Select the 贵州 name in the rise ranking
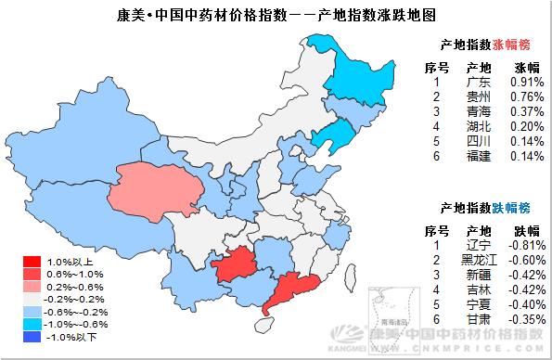pos(479,97)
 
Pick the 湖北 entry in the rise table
pos(479,127)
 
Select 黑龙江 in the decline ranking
pos(479,260)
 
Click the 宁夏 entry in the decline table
pos(479,304)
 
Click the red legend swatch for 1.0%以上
pos(31,263)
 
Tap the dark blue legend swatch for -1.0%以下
pos(31,337)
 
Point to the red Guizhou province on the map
pos(237,264)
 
